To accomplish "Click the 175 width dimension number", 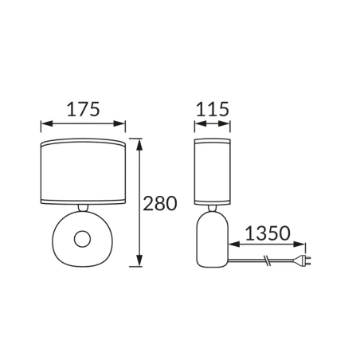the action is click(83, 109).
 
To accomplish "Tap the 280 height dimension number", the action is click(160, 204).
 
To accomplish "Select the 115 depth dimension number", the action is click(212, 109).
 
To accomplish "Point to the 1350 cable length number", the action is click(268, 233).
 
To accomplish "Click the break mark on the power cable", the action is click(268, 260).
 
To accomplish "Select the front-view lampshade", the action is click(83, 171).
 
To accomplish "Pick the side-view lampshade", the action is click(213, 172).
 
